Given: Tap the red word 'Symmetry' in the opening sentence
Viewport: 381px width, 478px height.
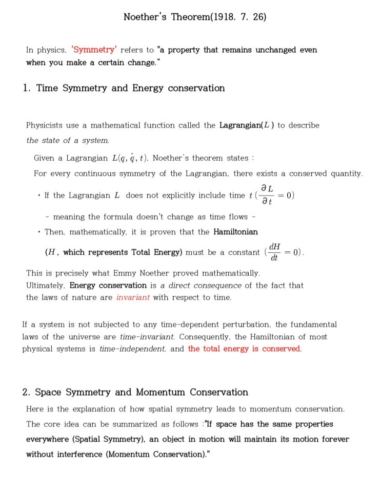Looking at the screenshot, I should click(x=94, y=50).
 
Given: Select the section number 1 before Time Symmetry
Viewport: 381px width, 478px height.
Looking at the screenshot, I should click(x=26, y=88).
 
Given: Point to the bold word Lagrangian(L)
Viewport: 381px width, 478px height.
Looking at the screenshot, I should click(x=247, y=125).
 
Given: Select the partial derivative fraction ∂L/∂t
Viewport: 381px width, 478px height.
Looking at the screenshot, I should click(x=267, y=195).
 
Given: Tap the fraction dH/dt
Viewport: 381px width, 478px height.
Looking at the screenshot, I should click(x=274, y=252).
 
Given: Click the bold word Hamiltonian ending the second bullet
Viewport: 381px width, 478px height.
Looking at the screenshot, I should click(x=235, y=232).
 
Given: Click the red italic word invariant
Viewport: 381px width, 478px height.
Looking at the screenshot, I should click(x=133, y=297).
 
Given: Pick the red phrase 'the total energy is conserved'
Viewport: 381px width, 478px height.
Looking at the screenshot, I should click(x=244, y=349).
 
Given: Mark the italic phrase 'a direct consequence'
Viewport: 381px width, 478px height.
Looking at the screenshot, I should click(x=200, y=286).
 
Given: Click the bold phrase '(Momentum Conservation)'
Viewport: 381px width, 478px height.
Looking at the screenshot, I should click(x=156, y=454).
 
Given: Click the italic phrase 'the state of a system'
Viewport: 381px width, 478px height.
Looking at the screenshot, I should click(x=67, y=140).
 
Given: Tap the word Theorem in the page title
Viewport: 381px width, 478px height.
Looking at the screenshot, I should click(x=190, y=17).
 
